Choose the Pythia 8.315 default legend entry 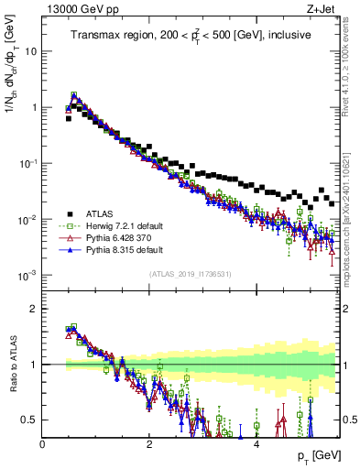coord(117,249)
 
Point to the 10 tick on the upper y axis coord(31,51)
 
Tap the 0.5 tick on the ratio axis coord(28,420)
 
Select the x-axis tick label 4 coord(256,442)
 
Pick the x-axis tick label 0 coord(43,442)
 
